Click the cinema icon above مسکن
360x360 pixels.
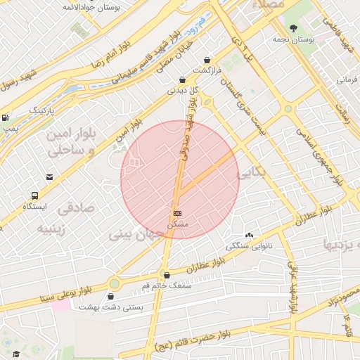click(x=177, y=213)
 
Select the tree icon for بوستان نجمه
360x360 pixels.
click(x=293, y=28)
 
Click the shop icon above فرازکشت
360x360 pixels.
click(x=207, y=60)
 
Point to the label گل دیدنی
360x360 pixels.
click(x=182, y=90)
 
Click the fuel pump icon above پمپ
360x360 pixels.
click(x=5, y=117)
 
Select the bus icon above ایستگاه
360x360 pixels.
click(x=35, y=195)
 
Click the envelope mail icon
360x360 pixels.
click(x=49, y=177)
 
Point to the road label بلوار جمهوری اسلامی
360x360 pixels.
click(x=318, y=153)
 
